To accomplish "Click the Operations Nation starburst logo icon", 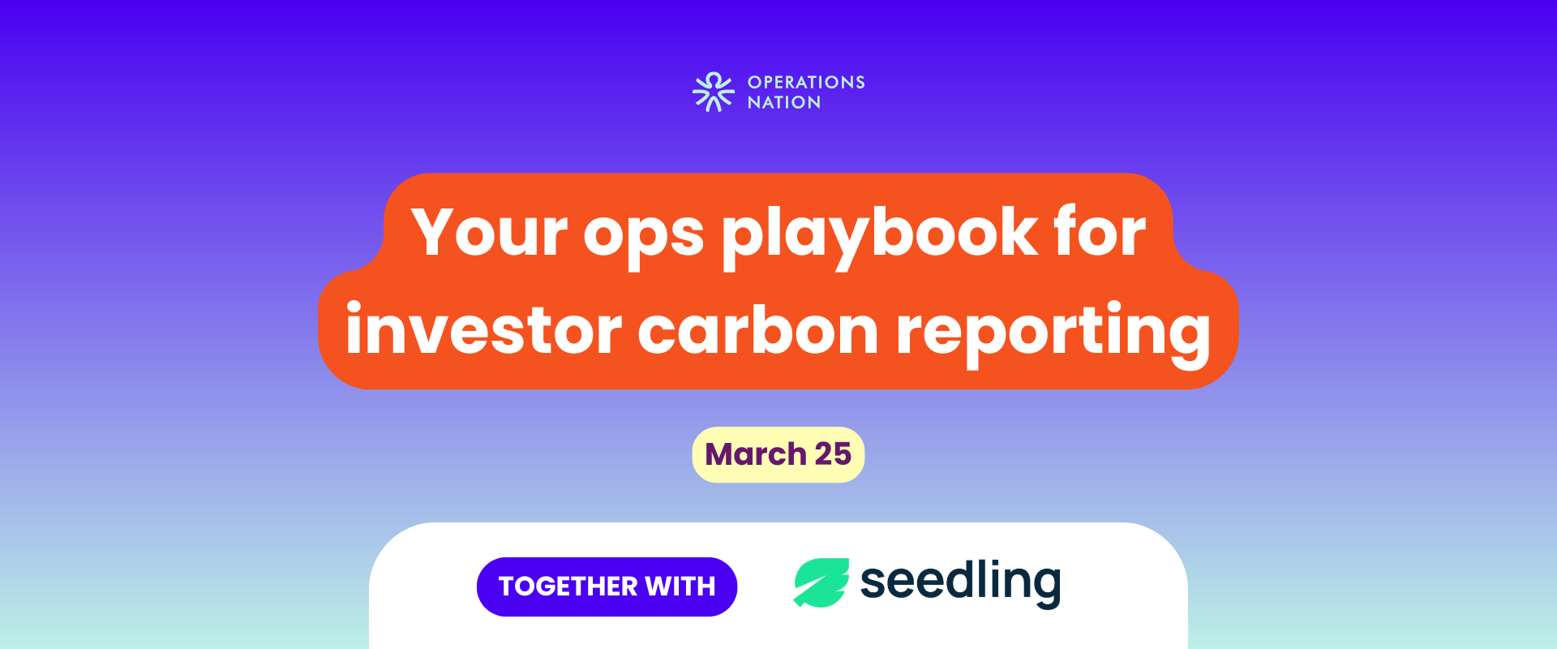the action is coord(714,92).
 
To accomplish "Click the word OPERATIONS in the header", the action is coord(806,82).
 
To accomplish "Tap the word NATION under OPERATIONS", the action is coord(784,102).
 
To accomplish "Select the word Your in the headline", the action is coord(489,232).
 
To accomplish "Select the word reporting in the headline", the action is coord(1053,333).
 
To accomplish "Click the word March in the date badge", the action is coord(755,454).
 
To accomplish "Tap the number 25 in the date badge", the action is coord(833,454).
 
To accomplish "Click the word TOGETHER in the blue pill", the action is coord(568,587).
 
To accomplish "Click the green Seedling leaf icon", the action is coord(821,582).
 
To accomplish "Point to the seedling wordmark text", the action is coord(960,582).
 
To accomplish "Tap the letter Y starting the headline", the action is coord(438,232).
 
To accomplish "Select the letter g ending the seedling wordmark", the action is coord(1043,589).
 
